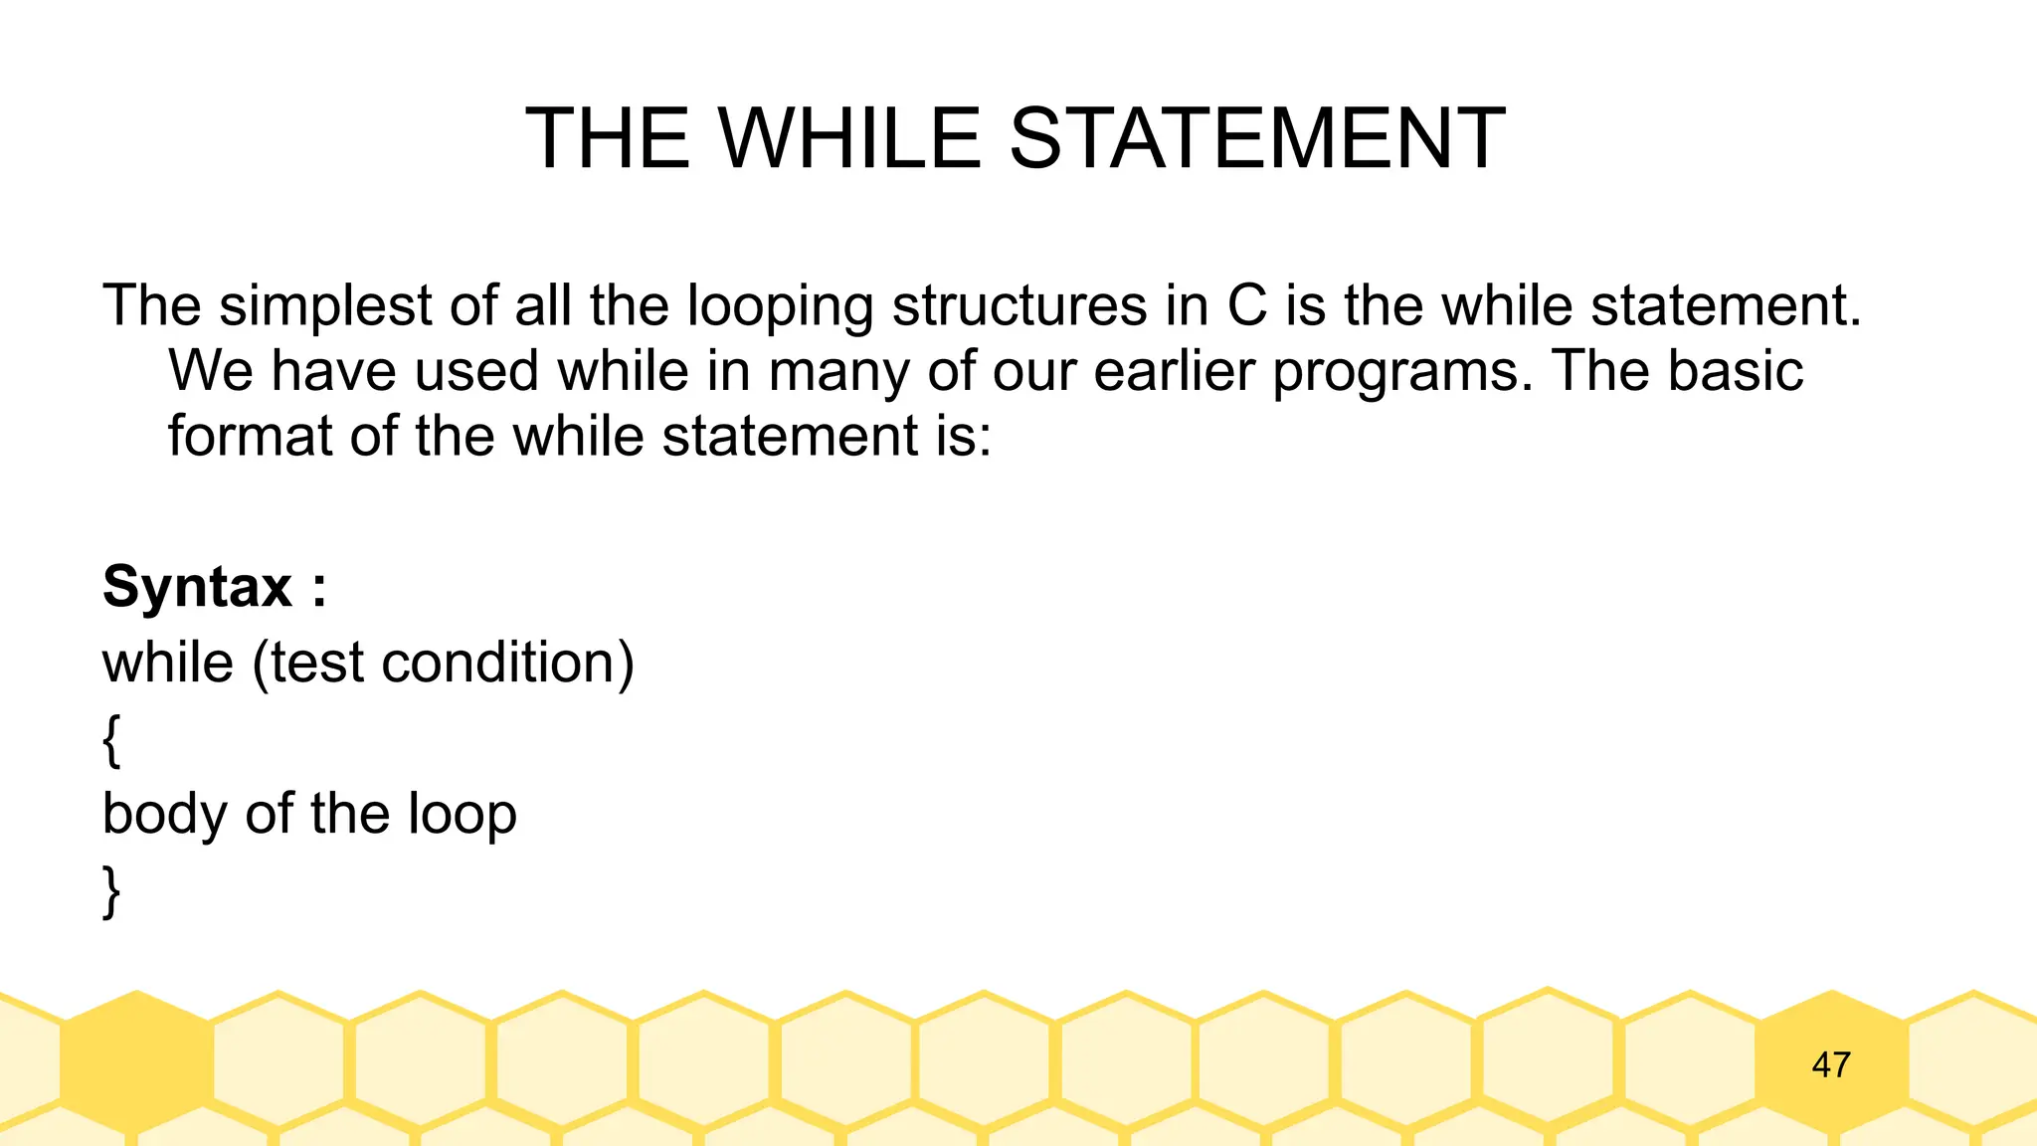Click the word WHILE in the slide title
(x=849, y=139)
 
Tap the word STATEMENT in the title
(x=1257, y=139)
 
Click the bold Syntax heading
(x=198, y=587)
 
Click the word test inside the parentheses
(x=316, y=663)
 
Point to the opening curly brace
(x=111, y=740)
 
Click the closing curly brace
(x=111, y=891)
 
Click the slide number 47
(x=1831, y=1064)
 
